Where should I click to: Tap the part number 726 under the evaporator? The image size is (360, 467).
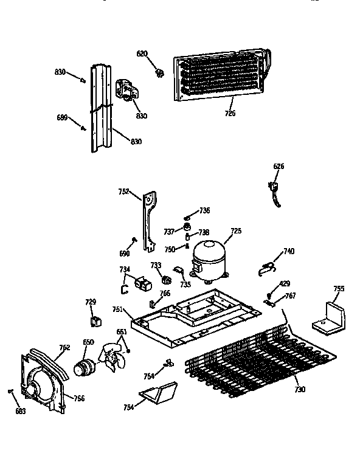[x=230, y=113]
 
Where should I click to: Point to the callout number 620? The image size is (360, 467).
[x=142, y=54]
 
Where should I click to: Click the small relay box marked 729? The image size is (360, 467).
[x=94, y=321]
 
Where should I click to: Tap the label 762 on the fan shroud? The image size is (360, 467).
[x=64, y=348]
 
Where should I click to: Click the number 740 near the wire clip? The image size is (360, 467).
[x=288, y=251]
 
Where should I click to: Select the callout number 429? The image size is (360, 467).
[x=284, y=284]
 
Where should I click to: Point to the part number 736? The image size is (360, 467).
[x=205, y=210]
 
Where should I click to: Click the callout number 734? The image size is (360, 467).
[x=124, y=269]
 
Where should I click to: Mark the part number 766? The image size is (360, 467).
[x=165, y=293]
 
